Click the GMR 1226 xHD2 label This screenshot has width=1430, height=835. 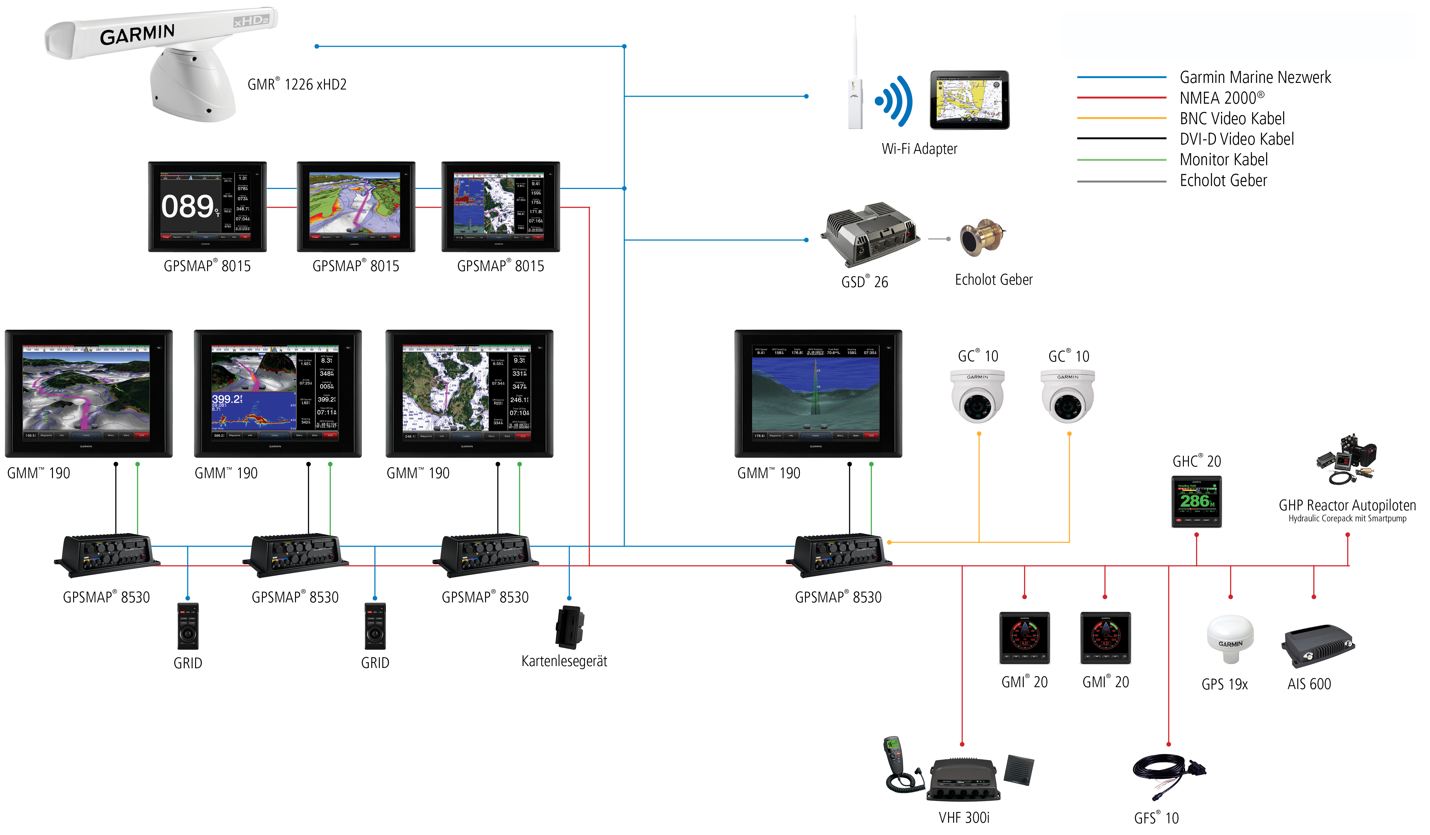point(297,84)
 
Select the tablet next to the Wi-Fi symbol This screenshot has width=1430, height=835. point(969,100)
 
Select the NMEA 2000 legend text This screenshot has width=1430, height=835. point(1222,98)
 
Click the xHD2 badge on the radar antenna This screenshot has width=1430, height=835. point(251,21)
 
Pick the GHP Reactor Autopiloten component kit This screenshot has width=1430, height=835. point(1346,460)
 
